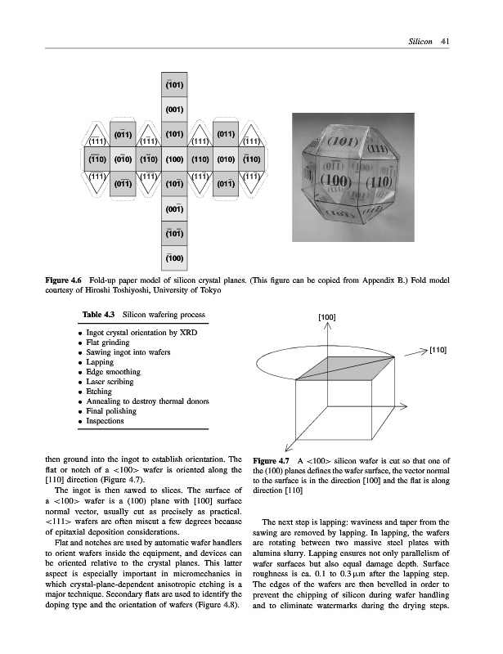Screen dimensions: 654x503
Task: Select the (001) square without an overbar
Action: [173, 107]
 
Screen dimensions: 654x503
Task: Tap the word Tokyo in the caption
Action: [209, 292]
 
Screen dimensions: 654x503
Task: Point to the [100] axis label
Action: [326, 316]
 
